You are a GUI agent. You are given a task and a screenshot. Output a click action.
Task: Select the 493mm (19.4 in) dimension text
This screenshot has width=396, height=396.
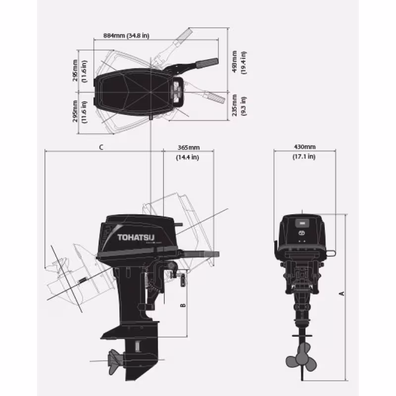coord(239,62)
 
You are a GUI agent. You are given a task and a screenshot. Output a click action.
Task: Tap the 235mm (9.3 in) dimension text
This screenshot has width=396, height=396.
coord(239,105)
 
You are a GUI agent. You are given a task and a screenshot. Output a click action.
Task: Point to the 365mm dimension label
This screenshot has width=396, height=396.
coord(188,148)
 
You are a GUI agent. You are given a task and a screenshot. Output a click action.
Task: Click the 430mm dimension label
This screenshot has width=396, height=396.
coord(304,147)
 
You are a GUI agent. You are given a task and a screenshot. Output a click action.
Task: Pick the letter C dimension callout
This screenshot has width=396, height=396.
coord(101,147)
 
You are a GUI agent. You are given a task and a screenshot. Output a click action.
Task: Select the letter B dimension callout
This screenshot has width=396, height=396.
coord(183,305)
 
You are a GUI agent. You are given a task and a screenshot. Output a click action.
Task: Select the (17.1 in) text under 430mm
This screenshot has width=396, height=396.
coord(304,156)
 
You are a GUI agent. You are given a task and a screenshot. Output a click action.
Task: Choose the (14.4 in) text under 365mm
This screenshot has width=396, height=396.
coord(188,157)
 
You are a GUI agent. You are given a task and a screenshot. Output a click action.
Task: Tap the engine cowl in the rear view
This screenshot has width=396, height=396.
coord(301,230)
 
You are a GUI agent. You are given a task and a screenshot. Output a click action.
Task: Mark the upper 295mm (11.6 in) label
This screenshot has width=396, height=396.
coord(79,71)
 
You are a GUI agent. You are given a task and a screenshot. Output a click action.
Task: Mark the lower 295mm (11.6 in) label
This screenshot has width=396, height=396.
coord(79,111)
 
